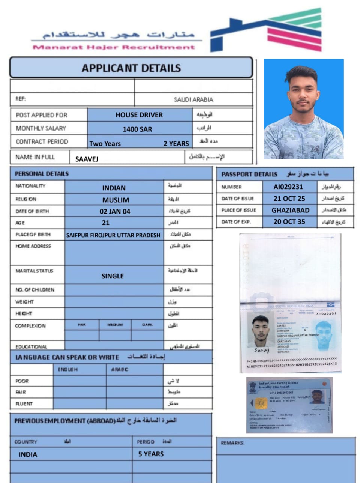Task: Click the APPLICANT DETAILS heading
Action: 131,68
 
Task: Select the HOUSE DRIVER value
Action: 139,115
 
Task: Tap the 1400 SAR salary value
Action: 137,129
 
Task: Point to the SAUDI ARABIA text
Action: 193,99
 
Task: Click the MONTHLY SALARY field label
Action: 41,128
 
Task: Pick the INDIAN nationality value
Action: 114,188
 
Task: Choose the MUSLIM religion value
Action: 115,200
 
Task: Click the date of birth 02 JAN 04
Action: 115,211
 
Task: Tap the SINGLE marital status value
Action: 112,276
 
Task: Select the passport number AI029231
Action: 288,187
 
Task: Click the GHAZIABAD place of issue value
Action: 291,210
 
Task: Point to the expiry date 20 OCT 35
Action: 289,221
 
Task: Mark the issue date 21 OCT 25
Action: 289,199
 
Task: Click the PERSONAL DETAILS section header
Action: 42,174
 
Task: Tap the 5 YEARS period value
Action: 151,454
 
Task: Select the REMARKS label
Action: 232,443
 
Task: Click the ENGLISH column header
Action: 68,369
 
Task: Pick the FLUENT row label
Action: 24,404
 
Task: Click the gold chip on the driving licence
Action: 261,403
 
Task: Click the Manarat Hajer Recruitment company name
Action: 114,47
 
